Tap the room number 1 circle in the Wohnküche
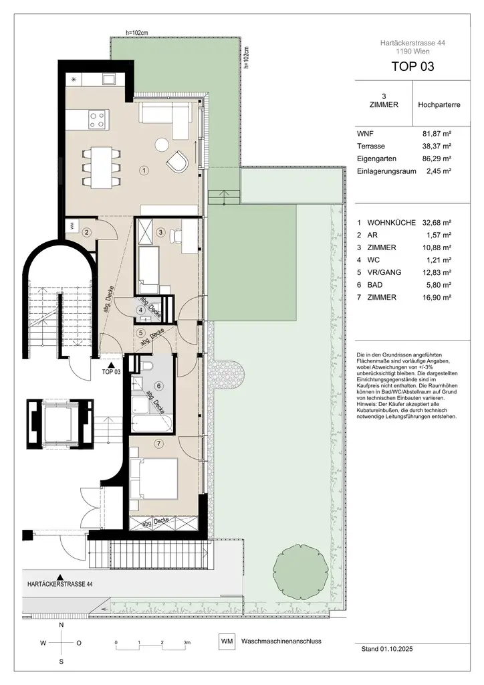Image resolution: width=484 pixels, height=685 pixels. coord(143,171)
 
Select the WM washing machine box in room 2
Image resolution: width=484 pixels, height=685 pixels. coord(72,227)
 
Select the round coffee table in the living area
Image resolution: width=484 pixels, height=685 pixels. coord(161,144)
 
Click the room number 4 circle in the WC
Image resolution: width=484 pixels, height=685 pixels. coord(141,310)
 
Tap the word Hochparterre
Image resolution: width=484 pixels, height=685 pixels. coord(438,105)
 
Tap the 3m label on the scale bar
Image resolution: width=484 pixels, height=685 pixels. coord(187,642)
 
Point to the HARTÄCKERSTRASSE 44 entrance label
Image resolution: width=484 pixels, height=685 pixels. coord(60,584)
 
